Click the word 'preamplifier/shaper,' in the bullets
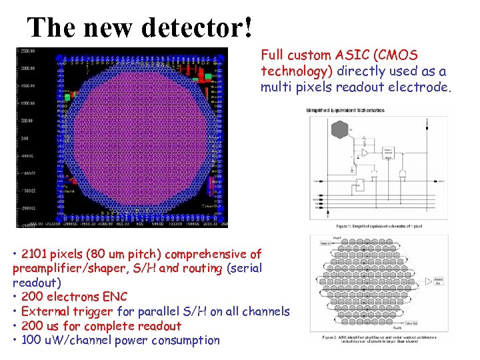[71, 268]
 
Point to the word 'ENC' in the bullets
[115, 297]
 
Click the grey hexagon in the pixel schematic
[339, 130]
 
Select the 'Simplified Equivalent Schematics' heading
[340, 110]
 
